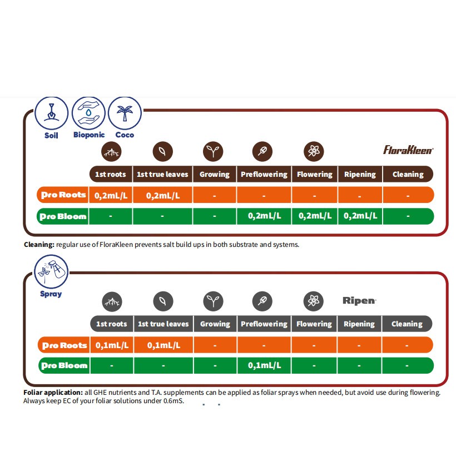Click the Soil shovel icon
51,113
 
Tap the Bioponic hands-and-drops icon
89,113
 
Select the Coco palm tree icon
125,113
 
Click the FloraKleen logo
408,150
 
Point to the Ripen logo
359,300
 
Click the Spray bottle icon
51,271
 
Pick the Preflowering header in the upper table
264,174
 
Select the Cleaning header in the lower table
407,324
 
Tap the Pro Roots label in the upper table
63,195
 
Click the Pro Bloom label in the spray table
65,365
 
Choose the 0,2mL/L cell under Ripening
360,216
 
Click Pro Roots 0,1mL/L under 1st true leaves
162,345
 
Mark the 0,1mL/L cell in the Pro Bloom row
264,365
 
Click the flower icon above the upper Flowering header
314,151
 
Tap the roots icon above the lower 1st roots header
112,301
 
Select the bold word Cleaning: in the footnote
39,244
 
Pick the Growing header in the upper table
215,174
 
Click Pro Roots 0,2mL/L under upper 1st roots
111,195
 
